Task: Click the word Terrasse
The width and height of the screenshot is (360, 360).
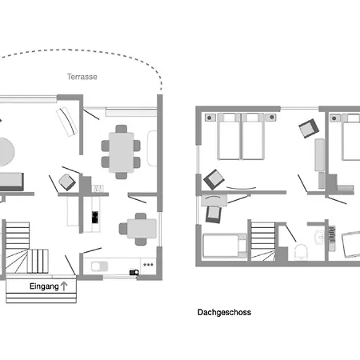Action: pyautogui.click(x=82, y=77)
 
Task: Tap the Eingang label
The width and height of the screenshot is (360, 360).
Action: pyautogui.click(x=44, y=286)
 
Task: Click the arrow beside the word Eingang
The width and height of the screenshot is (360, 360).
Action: pyautogui.click(x=64, y=286)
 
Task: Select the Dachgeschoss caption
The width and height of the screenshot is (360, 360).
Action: pyautogui.click(x=224, y=312)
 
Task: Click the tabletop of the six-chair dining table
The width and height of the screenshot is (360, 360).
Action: pyautogui.click(x=122, y=152)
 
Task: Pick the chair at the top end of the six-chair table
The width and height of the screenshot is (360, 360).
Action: pyautogui.click(x=122, y=129)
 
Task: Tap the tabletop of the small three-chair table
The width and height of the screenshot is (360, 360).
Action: pyautogui.click(x=142, y=229)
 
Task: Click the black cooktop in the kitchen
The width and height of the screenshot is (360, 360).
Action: pyautogui.click(x=95, y=217)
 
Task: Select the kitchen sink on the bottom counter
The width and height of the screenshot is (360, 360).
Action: pyautogui.click(x=99, y=266)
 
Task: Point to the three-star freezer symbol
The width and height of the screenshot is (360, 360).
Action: pyautogui.click(x=148, y=265)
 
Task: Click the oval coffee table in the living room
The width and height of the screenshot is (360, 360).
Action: pyautogui.click(x=6, y=152)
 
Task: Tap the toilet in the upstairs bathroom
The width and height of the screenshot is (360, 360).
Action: pyautogui.click(x=301, y=252)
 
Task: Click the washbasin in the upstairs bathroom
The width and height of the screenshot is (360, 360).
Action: pyautogui.click(x=319, y=237)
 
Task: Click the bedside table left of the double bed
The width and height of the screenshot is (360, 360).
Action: pyautogui.click(x=210, y=118)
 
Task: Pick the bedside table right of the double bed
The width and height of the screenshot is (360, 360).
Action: pyautogui.click(x=271, y=117)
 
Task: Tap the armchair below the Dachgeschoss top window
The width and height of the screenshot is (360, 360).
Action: pyautogui.click(x=309, y=128)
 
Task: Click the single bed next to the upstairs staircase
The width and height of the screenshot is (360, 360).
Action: pyautogui.click(x=225, y=246)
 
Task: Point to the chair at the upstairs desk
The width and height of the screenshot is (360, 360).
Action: pyautogui.click(x=214, y=214)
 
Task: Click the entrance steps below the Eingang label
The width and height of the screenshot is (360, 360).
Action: pyautogui.click(x=42, y=298)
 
